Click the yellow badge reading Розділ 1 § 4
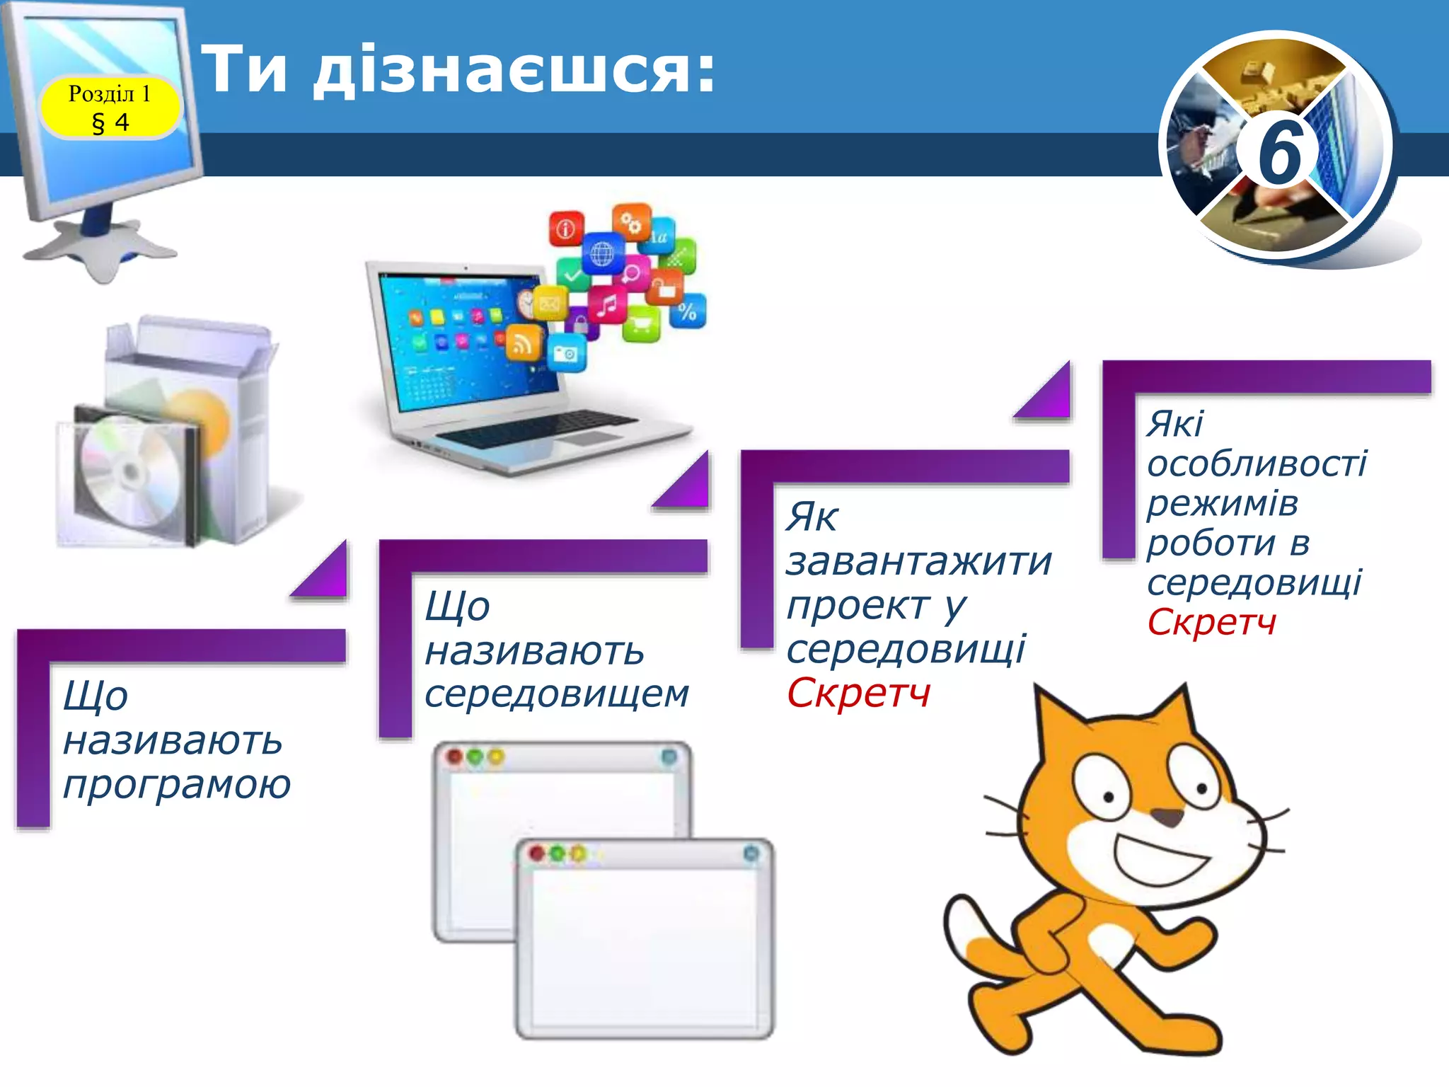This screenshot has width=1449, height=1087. coord(110,107)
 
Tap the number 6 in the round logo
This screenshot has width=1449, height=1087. coord(1279,151)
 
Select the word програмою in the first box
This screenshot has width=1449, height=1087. coord(177,784)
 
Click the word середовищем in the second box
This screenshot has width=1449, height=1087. coord(556,694)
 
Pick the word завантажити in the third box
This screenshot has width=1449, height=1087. coord(919,562)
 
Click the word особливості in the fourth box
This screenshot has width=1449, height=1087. coord(1257,464)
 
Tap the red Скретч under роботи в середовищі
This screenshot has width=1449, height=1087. coord(1211,623)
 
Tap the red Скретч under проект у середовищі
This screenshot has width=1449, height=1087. coord(858,694)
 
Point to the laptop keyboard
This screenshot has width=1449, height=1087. coord(538,429)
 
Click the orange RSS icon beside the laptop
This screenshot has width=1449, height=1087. coord(523,344)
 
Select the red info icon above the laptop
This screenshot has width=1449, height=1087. coord(566,228)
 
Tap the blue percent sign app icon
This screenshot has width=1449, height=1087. coord(687,311)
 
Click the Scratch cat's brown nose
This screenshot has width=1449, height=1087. coord(1167,818)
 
